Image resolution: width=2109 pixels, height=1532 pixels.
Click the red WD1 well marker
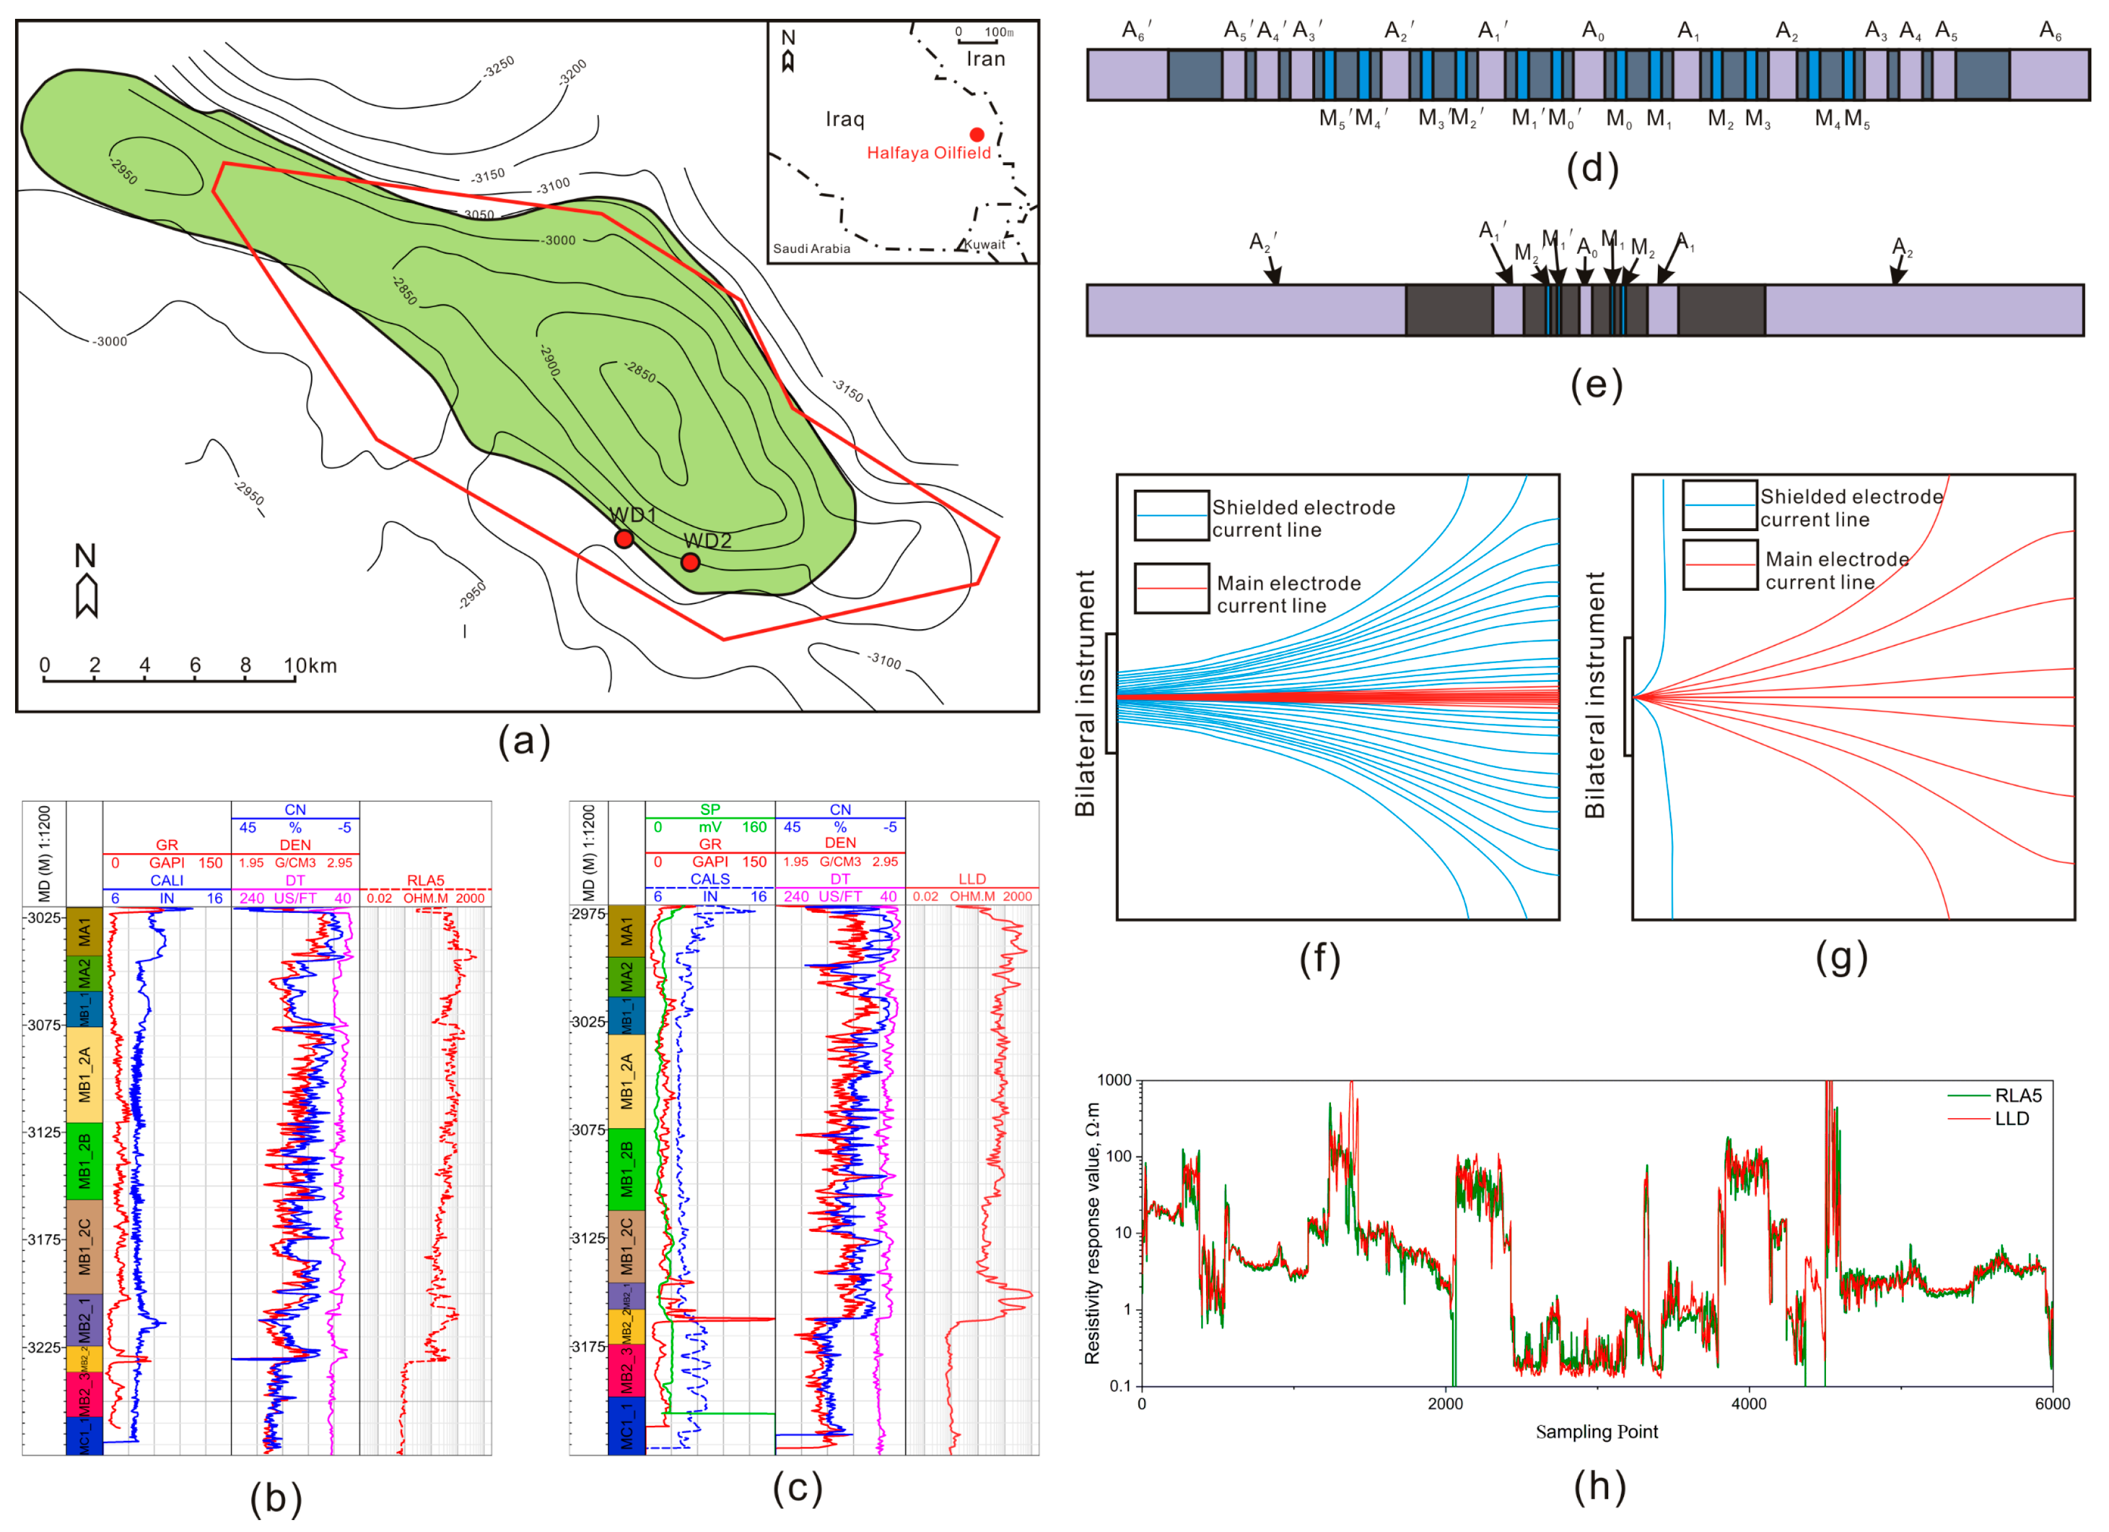624,539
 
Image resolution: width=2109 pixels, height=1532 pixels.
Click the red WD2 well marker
690,562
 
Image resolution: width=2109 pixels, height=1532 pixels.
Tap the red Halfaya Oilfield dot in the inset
976,135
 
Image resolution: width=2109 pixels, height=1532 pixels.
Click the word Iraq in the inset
845,119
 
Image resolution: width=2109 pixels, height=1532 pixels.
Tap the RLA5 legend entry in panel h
2018,1095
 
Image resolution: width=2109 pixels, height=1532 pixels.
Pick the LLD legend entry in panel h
2011,1118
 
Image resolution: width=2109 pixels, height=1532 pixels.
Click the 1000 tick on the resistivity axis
1114,1080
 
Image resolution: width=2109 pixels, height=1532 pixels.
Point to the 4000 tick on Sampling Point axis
1748,1404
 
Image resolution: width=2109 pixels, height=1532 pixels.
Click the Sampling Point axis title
1596,1432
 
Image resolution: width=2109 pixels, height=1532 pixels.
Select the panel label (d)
1592,168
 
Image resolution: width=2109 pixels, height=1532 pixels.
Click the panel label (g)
1841,958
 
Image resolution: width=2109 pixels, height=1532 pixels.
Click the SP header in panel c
710,809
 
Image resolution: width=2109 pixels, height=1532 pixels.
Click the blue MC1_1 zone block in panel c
626,1425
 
